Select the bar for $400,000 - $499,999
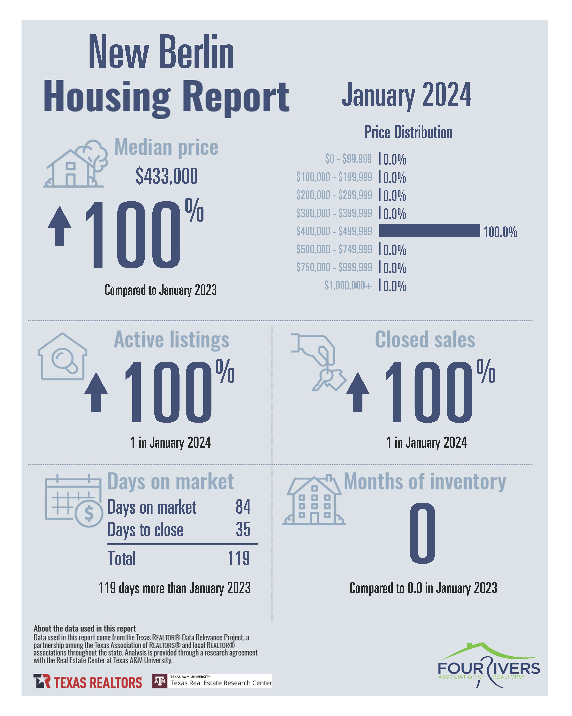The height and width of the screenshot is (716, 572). coord(429,231)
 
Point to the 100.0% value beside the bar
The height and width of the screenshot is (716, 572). coord(500,232)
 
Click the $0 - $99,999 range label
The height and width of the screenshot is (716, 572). coord(348,159)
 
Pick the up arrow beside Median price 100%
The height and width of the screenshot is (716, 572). coord(60,226)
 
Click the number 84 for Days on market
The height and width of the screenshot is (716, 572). coord(243,507)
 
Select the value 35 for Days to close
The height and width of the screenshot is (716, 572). coord(243,529)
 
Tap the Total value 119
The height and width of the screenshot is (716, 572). coord(239,558)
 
